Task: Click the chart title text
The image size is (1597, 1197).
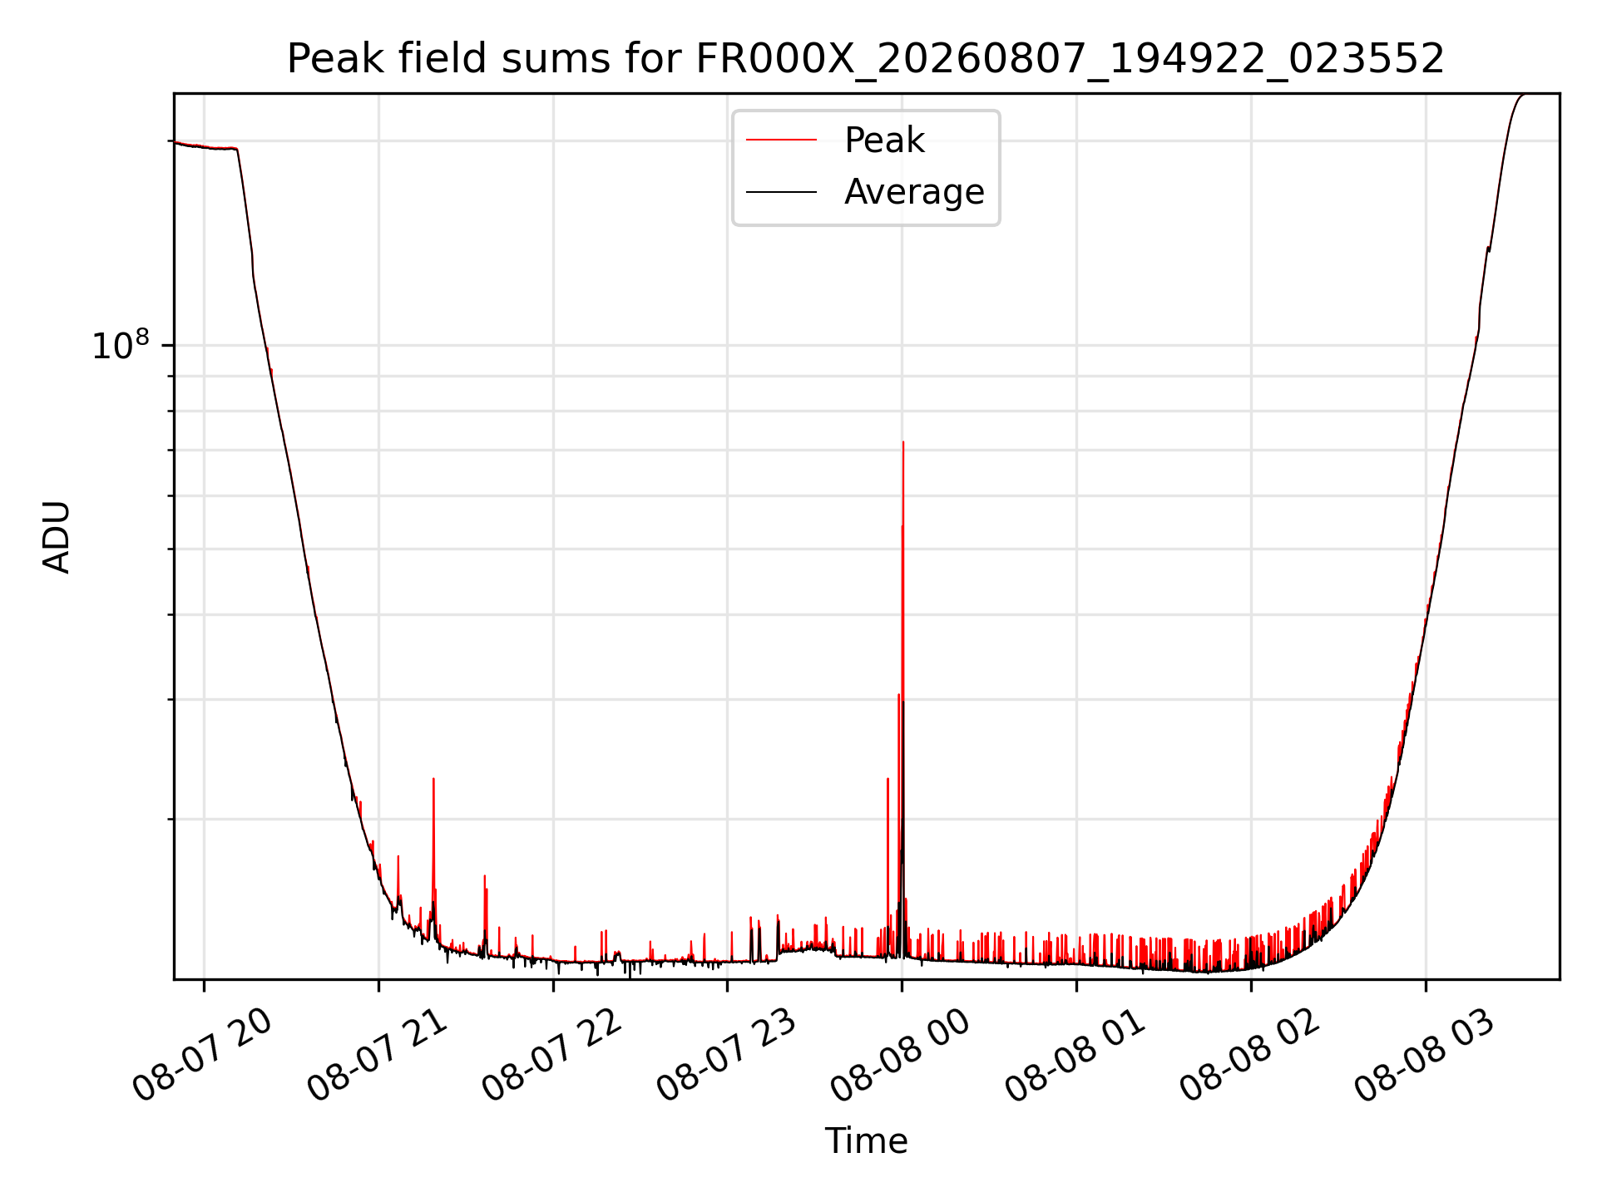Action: [866, 59]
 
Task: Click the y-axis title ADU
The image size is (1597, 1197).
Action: [57, 537]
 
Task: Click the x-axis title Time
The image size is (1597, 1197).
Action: [866, 1141]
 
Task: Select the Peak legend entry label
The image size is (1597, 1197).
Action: [884, 140]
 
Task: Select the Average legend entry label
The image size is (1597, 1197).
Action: [914, 192]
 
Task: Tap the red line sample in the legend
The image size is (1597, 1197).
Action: [781, 140]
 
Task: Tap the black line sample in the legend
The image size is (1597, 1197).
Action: [781, 192]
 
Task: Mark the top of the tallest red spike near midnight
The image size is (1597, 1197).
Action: [903, 442]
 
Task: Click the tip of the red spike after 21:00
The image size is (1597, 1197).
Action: [433, 779]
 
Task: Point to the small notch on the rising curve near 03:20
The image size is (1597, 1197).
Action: [1488, 248]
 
